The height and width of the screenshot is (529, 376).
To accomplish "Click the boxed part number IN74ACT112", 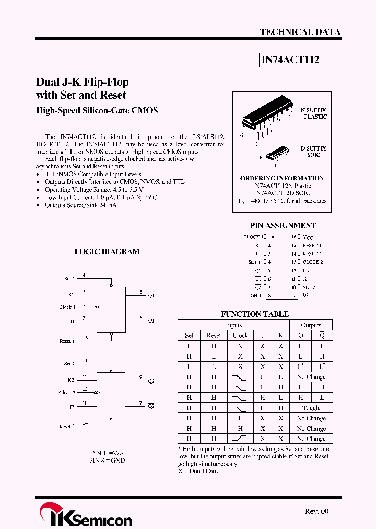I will (290, 61).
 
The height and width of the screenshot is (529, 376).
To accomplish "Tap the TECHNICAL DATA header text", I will (300, 32).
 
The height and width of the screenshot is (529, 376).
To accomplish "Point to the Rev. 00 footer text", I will (317, 512).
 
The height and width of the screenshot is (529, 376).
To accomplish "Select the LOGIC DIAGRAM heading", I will (107, 251).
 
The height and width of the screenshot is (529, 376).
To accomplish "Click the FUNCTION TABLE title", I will (254, 314).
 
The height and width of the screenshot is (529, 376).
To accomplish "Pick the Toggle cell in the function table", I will (311, 408).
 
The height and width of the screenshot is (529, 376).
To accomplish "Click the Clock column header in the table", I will (240, 335).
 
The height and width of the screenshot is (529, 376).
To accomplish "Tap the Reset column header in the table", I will (214, 335).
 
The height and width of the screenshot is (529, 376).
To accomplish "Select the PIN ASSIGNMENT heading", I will (283, 226).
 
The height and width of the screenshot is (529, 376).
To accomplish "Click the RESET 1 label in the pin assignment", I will (312, 245).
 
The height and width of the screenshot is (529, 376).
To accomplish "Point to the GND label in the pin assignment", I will (255, 296).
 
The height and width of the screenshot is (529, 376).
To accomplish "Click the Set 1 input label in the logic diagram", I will (69, 279).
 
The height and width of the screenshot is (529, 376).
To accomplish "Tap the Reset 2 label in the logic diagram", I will (67, 427).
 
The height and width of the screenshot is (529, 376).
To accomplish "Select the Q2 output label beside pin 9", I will (151, 381).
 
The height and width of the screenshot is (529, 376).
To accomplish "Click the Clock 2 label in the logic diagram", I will (67, 393).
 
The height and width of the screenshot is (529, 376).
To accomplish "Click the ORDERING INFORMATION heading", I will (281, 178).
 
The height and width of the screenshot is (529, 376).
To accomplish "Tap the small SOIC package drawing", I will (277, 154).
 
